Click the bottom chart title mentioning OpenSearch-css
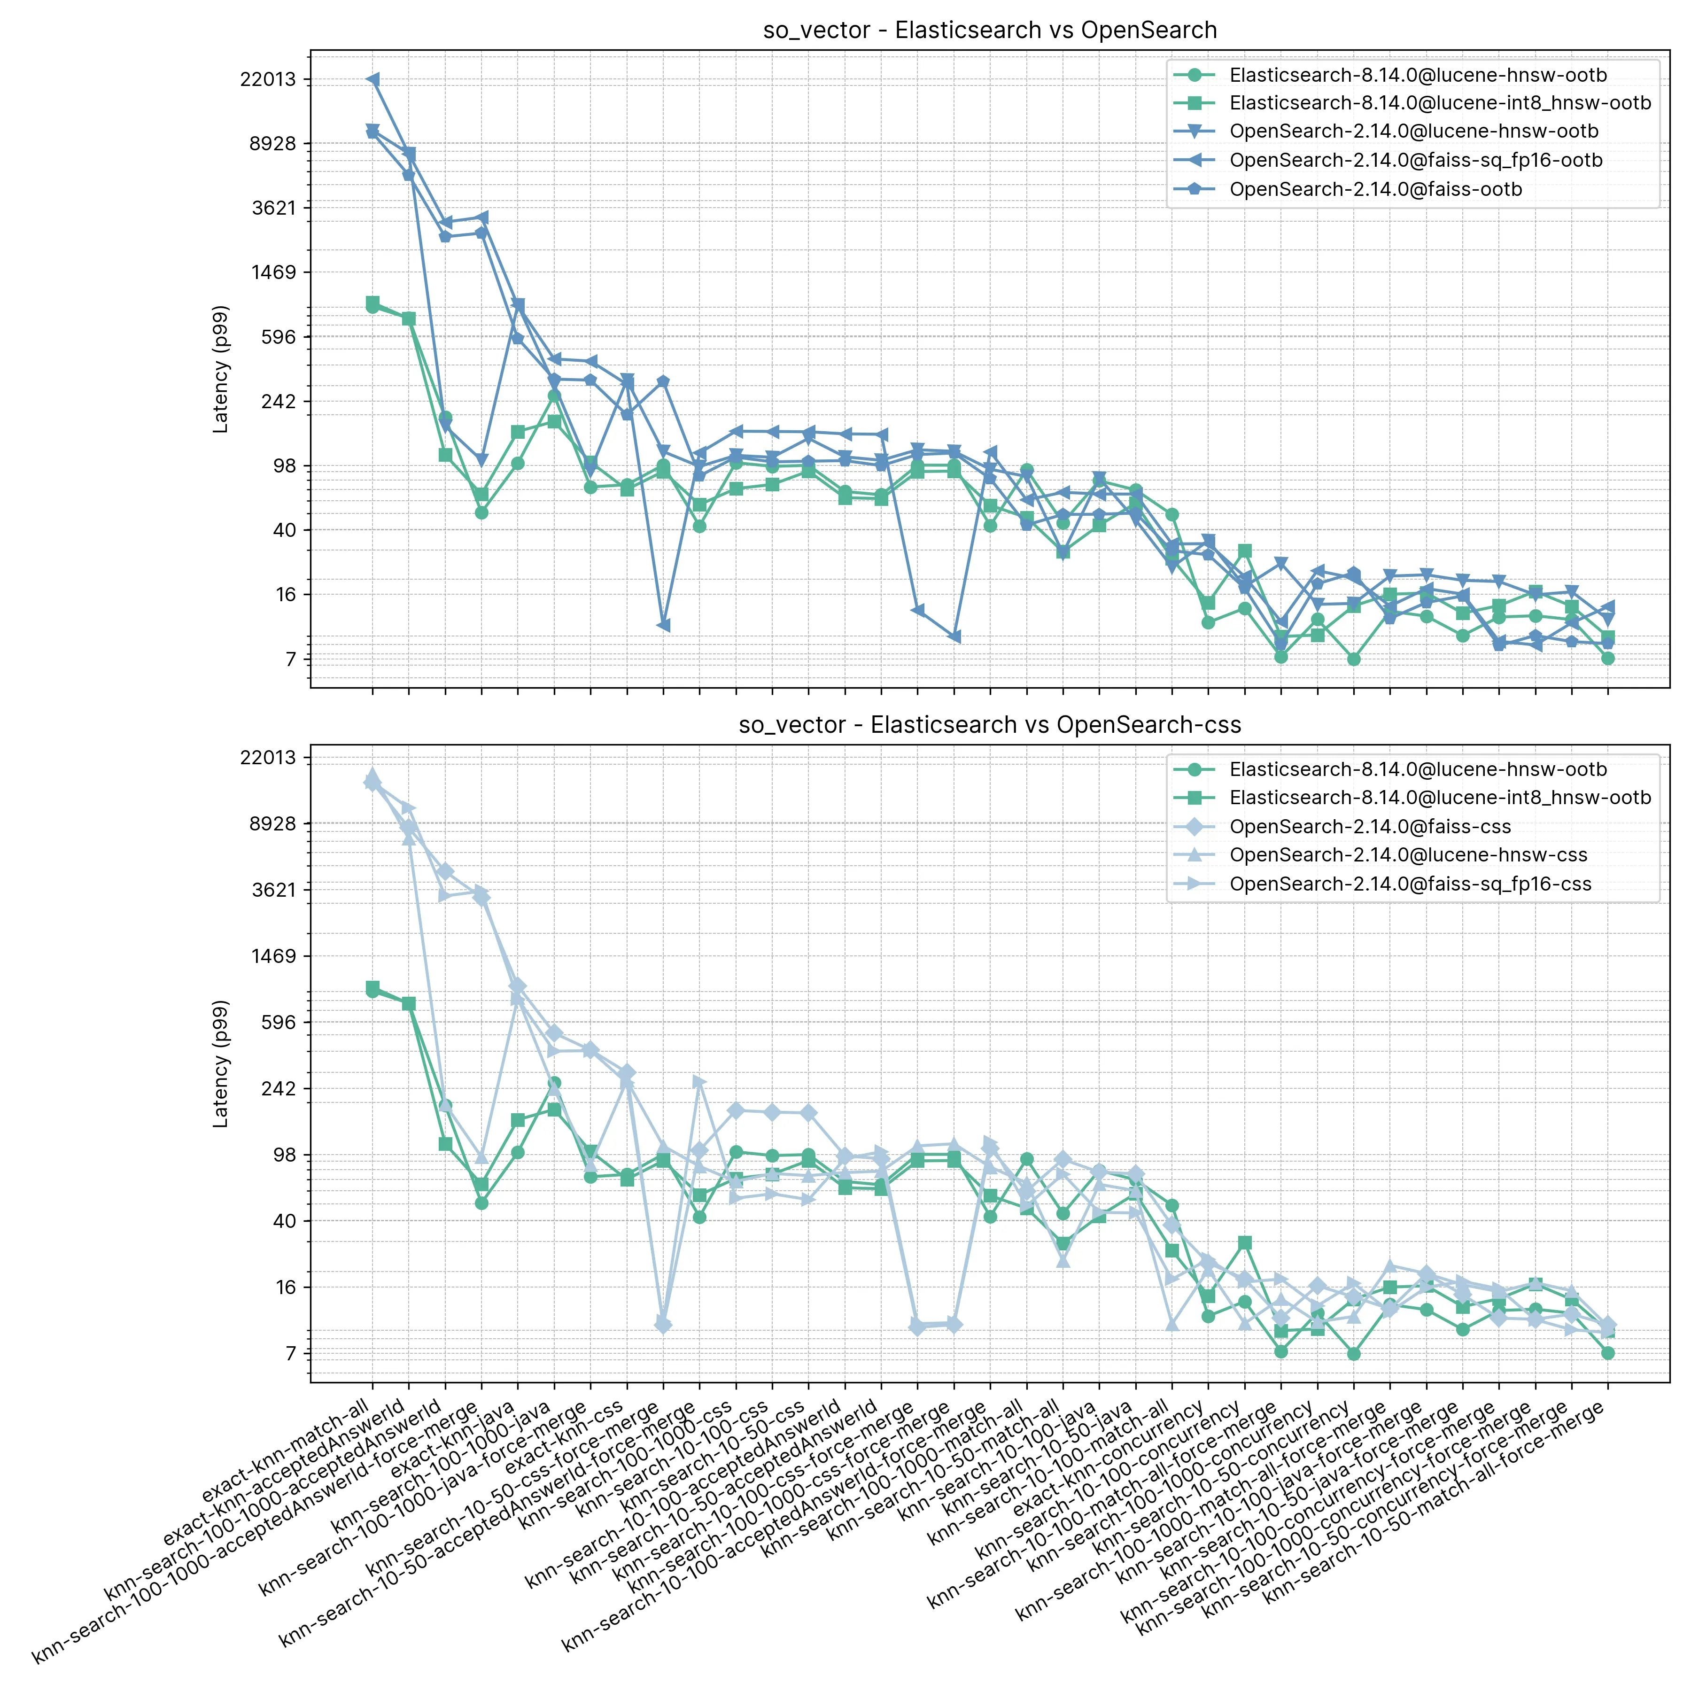(990, 725)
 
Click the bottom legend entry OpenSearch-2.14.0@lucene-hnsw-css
(1408, 855)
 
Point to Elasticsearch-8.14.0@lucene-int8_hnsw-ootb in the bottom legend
(1440, 798)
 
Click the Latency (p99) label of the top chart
(221, 369)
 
